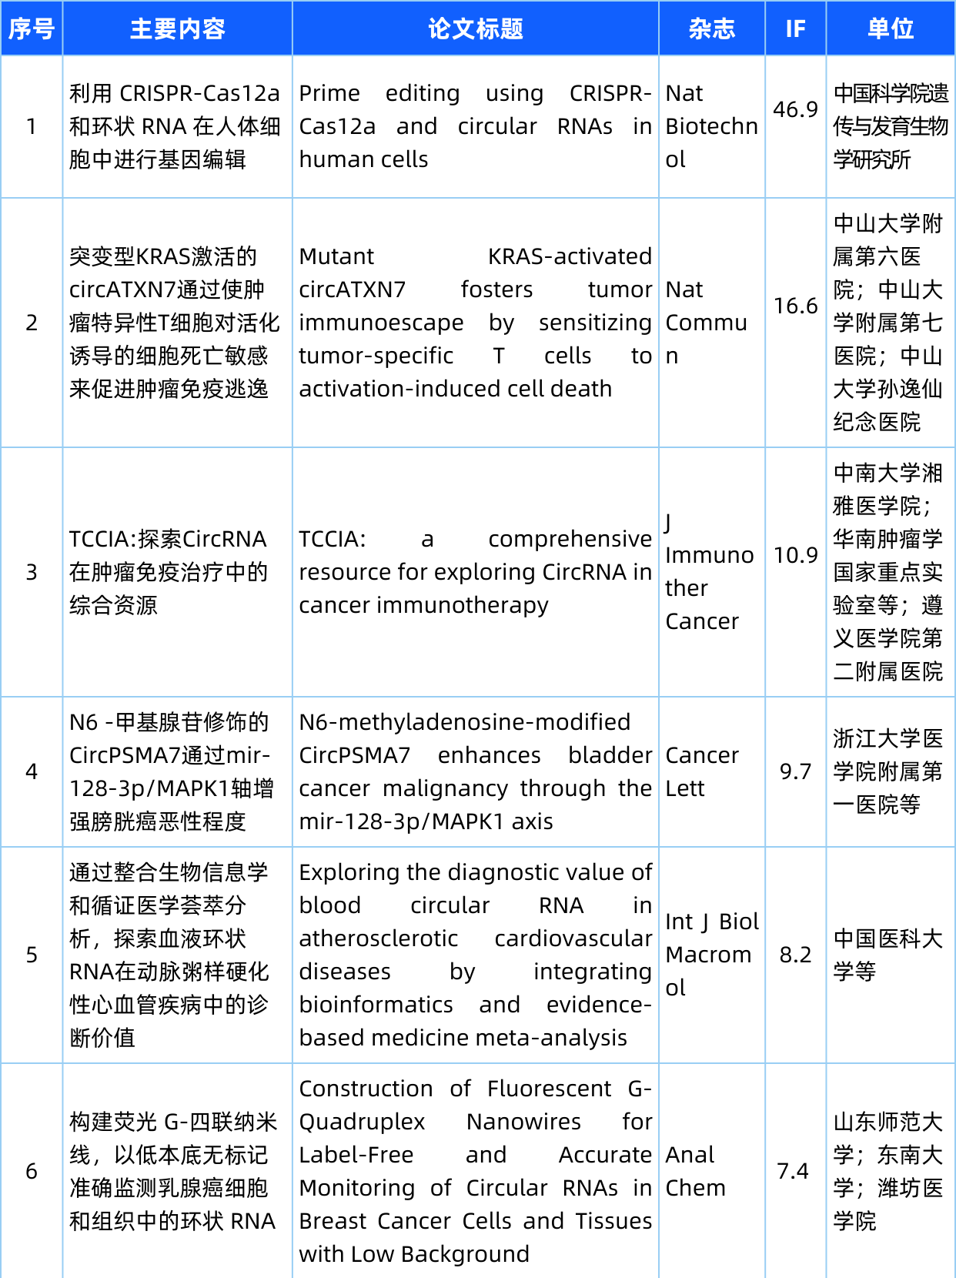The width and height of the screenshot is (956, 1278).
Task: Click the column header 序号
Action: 32,29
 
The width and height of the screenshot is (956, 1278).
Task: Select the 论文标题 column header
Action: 475,29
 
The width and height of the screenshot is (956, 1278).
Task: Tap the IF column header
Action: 795,29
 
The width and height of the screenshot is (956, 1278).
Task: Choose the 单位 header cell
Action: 891,29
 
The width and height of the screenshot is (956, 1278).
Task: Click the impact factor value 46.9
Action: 795,109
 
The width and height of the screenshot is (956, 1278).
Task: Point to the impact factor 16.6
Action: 795,306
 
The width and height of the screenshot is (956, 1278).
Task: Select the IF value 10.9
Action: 795,555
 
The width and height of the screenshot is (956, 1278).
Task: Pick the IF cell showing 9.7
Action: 795,771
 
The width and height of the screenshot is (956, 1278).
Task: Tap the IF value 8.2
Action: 795,955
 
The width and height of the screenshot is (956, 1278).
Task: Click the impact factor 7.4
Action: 793,1171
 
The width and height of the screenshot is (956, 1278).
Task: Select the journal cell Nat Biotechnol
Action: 711,126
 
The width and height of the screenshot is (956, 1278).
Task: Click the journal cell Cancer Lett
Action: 702,771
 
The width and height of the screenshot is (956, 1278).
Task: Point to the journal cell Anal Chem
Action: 695,1171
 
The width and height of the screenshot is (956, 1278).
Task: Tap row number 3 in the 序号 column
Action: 32,572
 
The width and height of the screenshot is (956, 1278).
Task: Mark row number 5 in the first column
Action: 32,955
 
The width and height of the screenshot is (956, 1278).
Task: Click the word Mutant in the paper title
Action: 336,256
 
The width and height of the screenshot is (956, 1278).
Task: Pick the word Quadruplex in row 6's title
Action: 362,1122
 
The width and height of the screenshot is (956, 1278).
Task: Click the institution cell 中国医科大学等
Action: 887,955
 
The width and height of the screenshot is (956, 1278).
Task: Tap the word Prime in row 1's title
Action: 329,93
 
